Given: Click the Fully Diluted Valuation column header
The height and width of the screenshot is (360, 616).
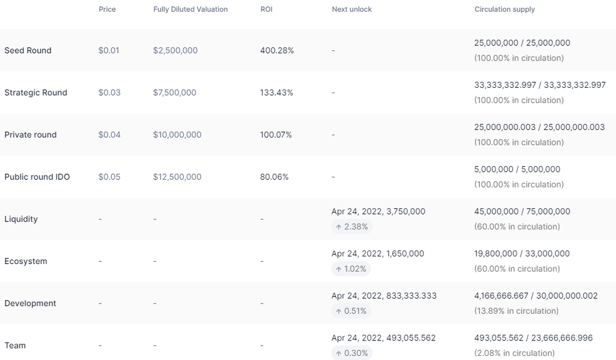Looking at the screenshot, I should click(190, 9).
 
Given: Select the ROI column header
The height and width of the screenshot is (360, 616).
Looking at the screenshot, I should click(266, 9).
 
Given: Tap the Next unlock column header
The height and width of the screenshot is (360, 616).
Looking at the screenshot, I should click(352, 9).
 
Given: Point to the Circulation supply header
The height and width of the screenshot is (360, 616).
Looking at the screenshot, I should click(505, 9).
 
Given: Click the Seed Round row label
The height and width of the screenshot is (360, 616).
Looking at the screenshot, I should click(28, 50).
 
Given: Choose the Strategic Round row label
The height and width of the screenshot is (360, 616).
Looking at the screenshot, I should click(35, 92).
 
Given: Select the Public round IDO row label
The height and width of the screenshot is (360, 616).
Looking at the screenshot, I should click(37, 177).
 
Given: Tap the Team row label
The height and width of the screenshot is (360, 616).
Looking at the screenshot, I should click(15, 345).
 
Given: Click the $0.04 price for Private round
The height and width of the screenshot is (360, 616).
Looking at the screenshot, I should click(109, 135).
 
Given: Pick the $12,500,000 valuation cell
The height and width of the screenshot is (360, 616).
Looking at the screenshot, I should click(177, 177).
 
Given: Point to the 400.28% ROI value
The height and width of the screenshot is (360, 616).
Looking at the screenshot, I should click(277, 50).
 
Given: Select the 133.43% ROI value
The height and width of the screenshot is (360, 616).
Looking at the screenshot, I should click(276, 92).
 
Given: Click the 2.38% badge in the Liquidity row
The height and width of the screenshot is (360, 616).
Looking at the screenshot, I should click(352, 226).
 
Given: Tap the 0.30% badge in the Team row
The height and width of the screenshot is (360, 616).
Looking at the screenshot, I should click(352, 353).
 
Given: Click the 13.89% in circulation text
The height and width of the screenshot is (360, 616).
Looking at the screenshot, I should click(516, 311).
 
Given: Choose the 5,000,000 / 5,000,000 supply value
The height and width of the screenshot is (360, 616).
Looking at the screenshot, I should click(517, 169).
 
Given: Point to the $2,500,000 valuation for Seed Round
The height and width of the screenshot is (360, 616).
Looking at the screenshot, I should click(175, 50).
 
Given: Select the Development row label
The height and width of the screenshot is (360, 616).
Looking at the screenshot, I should click(30, 303).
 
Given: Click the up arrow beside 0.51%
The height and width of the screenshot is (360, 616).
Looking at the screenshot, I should click(339, 311).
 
